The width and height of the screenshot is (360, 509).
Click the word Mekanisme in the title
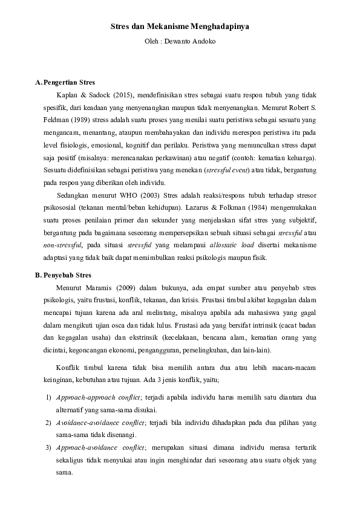(x=166, y=27)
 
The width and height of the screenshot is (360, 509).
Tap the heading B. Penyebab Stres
(x=64, y=275)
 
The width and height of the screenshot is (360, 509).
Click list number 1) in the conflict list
(x=48, y=397)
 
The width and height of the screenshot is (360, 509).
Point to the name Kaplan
(x=68, y=95)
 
